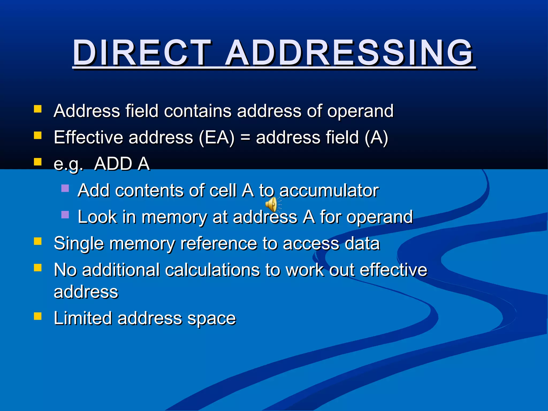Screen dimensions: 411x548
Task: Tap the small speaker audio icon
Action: tap(272, 205)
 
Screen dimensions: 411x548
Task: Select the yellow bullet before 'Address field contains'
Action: tap(38, 109)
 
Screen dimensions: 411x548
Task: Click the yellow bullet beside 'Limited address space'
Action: tap(38, 316)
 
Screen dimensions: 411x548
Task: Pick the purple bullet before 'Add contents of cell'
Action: tap(65, 188)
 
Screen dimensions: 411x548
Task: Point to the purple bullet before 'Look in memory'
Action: tap(65, 215)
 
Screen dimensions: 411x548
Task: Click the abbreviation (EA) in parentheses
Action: tap(216, 138)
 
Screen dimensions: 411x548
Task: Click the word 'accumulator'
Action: tap(329, 191)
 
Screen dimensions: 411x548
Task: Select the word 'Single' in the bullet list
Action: tap(79, 243)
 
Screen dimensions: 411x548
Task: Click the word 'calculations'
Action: tap(213, 270)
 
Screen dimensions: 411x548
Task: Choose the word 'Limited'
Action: tap(83, 318)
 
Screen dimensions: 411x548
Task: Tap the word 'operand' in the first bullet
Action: tap(360, 111)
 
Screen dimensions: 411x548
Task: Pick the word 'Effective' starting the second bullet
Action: tap(89, 138)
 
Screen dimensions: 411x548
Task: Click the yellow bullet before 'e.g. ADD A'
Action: tap(38, 162)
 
